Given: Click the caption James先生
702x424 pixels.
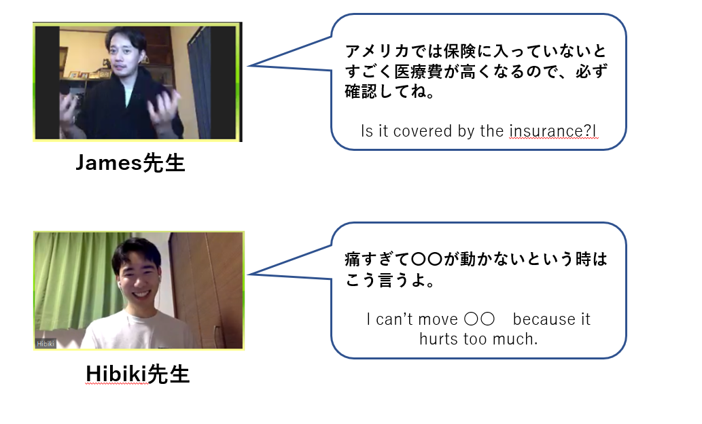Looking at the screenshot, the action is pyautogui.click(x=130, y=162).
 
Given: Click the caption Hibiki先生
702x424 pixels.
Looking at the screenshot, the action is pyautogui.click(x=137, y=374).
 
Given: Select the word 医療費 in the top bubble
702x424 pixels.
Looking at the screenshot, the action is pyautogui.click(x=419, y=71).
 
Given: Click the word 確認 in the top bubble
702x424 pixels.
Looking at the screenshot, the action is pyautogui.click(x=361, y=91).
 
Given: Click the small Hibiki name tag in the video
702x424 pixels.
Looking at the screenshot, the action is pyautogui.click(x=46, y=343).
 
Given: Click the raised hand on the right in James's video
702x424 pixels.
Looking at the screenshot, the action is pyautogui.click(x=164, y=108).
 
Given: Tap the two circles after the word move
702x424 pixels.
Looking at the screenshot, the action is pyautogui.click(x=479, y=319).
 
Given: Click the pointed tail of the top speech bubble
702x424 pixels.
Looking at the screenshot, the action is pyautogui.click(x=249, y=65).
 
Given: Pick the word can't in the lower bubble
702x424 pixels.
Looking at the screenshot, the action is pyautogui.click(x=394, y=319).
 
